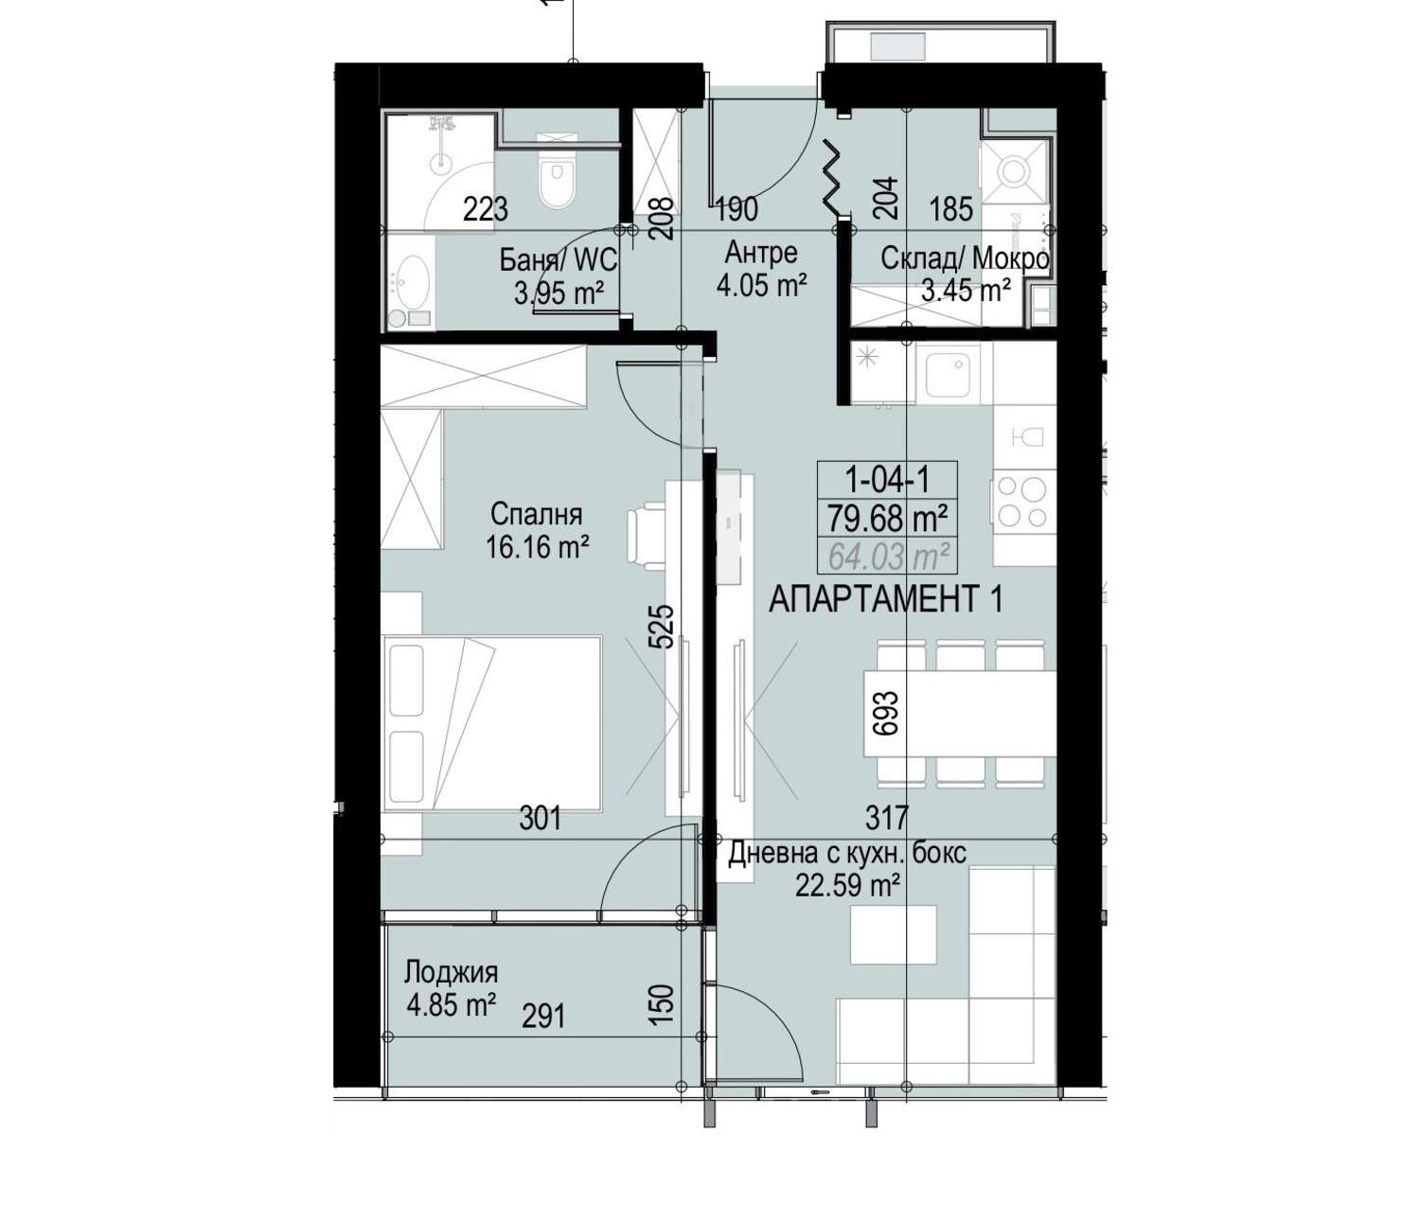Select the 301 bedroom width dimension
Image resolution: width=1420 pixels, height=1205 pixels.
coord(541,818)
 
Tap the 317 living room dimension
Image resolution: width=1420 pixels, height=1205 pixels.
coord(887,818)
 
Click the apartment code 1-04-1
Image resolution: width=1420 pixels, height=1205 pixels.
coord(886,479)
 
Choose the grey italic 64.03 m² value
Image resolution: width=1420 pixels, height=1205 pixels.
coord(886,556)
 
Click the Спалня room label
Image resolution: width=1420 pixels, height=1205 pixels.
coord(537,515)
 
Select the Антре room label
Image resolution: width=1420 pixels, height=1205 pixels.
coord(761,253)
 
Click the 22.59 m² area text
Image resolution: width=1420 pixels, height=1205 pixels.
coord(848,885)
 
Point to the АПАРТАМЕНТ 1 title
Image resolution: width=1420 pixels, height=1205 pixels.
coord(886,600)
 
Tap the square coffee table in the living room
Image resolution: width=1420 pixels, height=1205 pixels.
coord(893,933)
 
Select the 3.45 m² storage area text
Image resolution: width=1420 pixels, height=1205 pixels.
coord(966,292)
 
